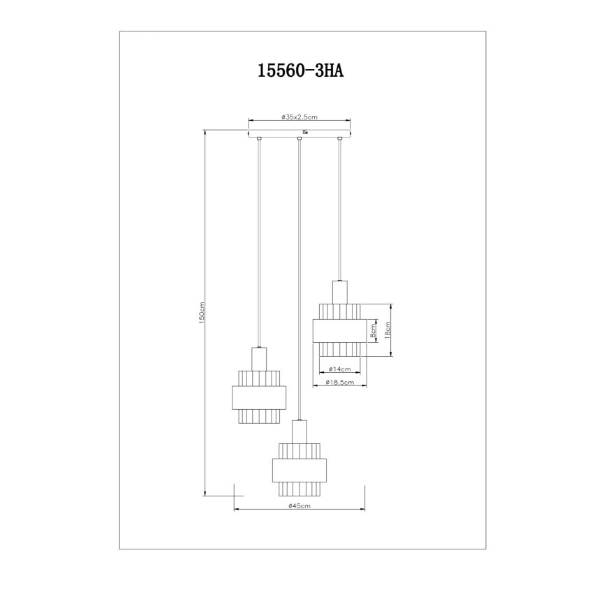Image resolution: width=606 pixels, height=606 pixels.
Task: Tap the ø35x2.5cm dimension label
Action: coord(300,118)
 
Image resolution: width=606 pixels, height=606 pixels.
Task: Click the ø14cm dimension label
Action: coord(339,369)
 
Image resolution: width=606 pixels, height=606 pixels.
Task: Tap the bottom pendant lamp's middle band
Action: coord(299,471)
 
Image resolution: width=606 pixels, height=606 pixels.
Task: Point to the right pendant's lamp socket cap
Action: coord(339,290)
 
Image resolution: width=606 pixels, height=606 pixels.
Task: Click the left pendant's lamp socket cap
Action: coord(259,357)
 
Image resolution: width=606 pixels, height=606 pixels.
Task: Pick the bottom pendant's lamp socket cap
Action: coord(299,431)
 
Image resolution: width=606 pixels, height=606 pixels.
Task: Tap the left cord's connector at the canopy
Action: coord(259,140)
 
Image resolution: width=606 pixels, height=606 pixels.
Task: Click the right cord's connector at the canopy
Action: coord(339,140)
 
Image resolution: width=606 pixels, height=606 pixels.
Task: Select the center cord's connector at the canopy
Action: coord(299,140)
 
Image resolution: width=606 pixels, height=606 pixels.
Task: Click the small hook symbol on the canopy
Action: coord(305,131)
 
